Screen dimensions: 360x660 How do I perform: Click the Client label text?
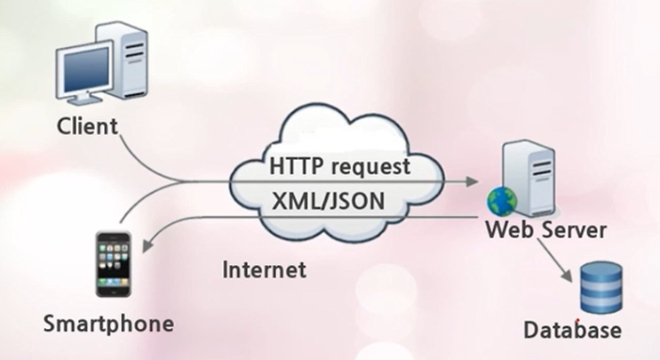pos(87,126)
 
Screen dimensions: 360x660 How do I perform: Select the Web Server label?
pos(545,230)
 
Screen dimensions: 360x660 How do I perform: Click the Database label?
pos(571,331)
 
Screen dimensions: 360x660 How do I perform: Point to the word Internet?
pos(264,268)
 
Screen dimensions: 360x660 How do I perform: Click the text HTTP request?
pos(340,166)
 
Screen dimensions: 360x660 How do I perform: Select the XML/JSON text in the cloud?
pos(328,201)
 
